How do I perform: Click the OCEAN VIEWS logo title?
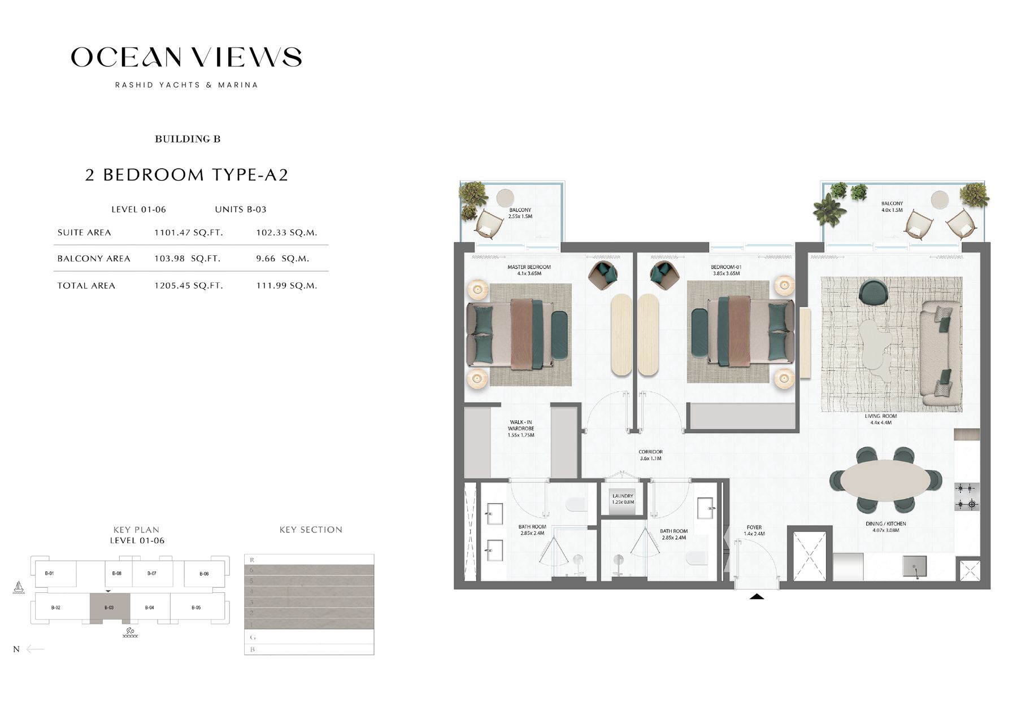[x=186, y=57]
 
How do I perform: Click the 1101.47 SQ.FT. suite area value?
[x=188, y=233]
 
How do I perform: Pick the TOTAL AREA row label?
[x=86, y=286]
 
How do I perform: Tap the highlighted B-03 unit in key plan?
[x=110, y=608]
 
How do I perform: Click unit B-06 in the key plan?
[x=204, y=574]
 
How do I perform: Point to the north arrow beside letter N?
[x=35, y=649]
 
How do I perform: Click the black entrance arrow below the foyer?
[x=757, y=596]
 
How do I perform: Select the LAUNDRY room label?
[x=623, y=499]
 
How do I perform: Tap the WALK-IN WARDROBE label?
[x=520, y=429]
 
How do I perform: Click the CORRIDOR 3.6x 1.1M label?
[x=650, y=455]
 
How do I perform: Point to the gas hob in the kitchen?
[x=966, y=496]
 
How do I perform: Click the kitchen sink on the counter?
[x=914, y=566]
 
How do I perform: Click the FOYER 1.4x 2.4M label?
[x=754, y=530]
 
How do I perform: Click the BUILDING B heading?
[x=188, y=139]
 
